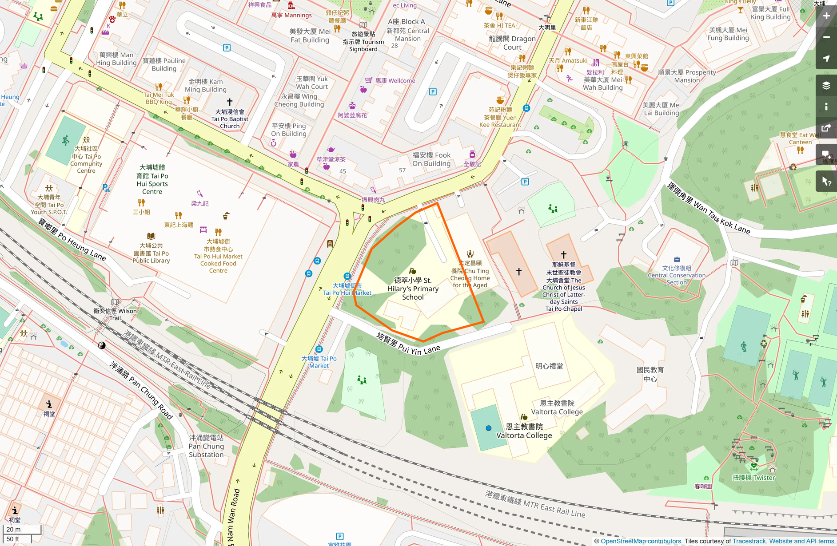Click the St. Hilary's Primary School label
click(x=413, y=289)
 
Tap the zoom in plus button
click(x=826, y=16)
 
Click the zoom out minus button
click(x=826, y=37)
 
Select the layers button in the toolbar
click(x=826, y=85)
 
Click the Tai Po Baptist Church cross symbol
click(x=230, y=102)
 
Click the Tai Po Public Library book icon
click(x=151, y=236)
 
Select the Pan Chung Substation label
click(x=206, y=446)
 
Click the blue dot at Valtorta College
click(x=488, y=428)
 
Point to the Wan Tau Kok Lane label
click(x=709, y=209)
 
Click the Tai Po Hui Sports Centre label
click(x=152, y=179)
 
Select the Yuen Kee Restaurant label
click(x=500, y=117)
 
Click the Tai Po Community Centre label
click(x=86, y=160)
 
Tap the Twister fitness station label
click(x=753, y=478)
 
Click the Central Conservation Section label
click(x=676, y=275)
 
